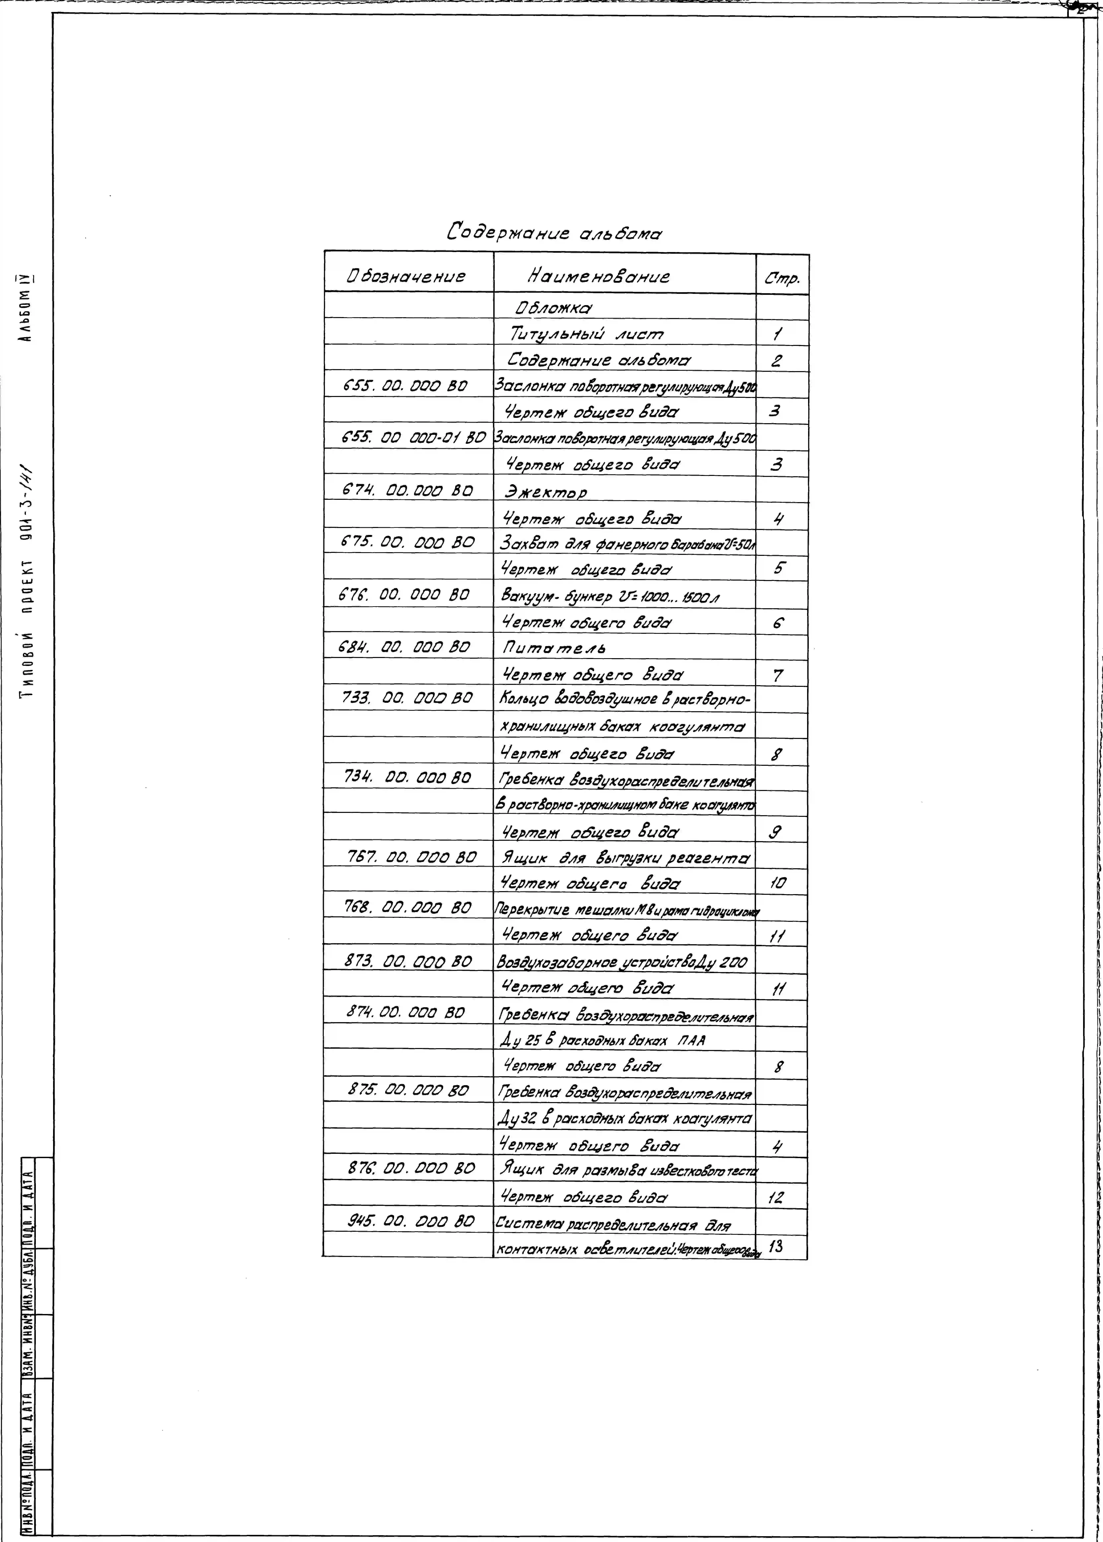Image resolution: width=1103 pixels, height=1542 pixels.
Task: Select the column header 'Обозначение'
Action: pyautogui.click(x=406, y=276)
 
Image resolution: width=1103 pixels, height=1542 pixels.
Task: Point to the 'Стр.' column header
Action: pyautogui.click(x=782, y=278)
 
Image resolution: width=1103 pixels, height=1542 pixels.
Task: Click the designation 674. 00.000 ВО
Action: pyautogui.click(x=406, y=490)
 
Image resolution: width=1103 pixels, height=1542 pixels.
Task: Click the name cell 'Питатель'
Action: pyautogui.click(x=553, y=648)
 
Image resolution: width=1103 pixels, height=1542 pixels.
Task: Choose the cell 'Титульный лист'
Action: pyautogui.click(x=587, y=334)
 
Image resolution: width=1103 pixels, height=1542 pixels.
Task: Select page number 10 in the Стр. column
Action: pyautogui.click(x=778, y=883)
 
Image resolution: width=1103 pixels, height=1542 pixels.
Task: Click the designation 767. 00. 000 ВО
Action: pyautogui.click(x=412, y=858)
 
